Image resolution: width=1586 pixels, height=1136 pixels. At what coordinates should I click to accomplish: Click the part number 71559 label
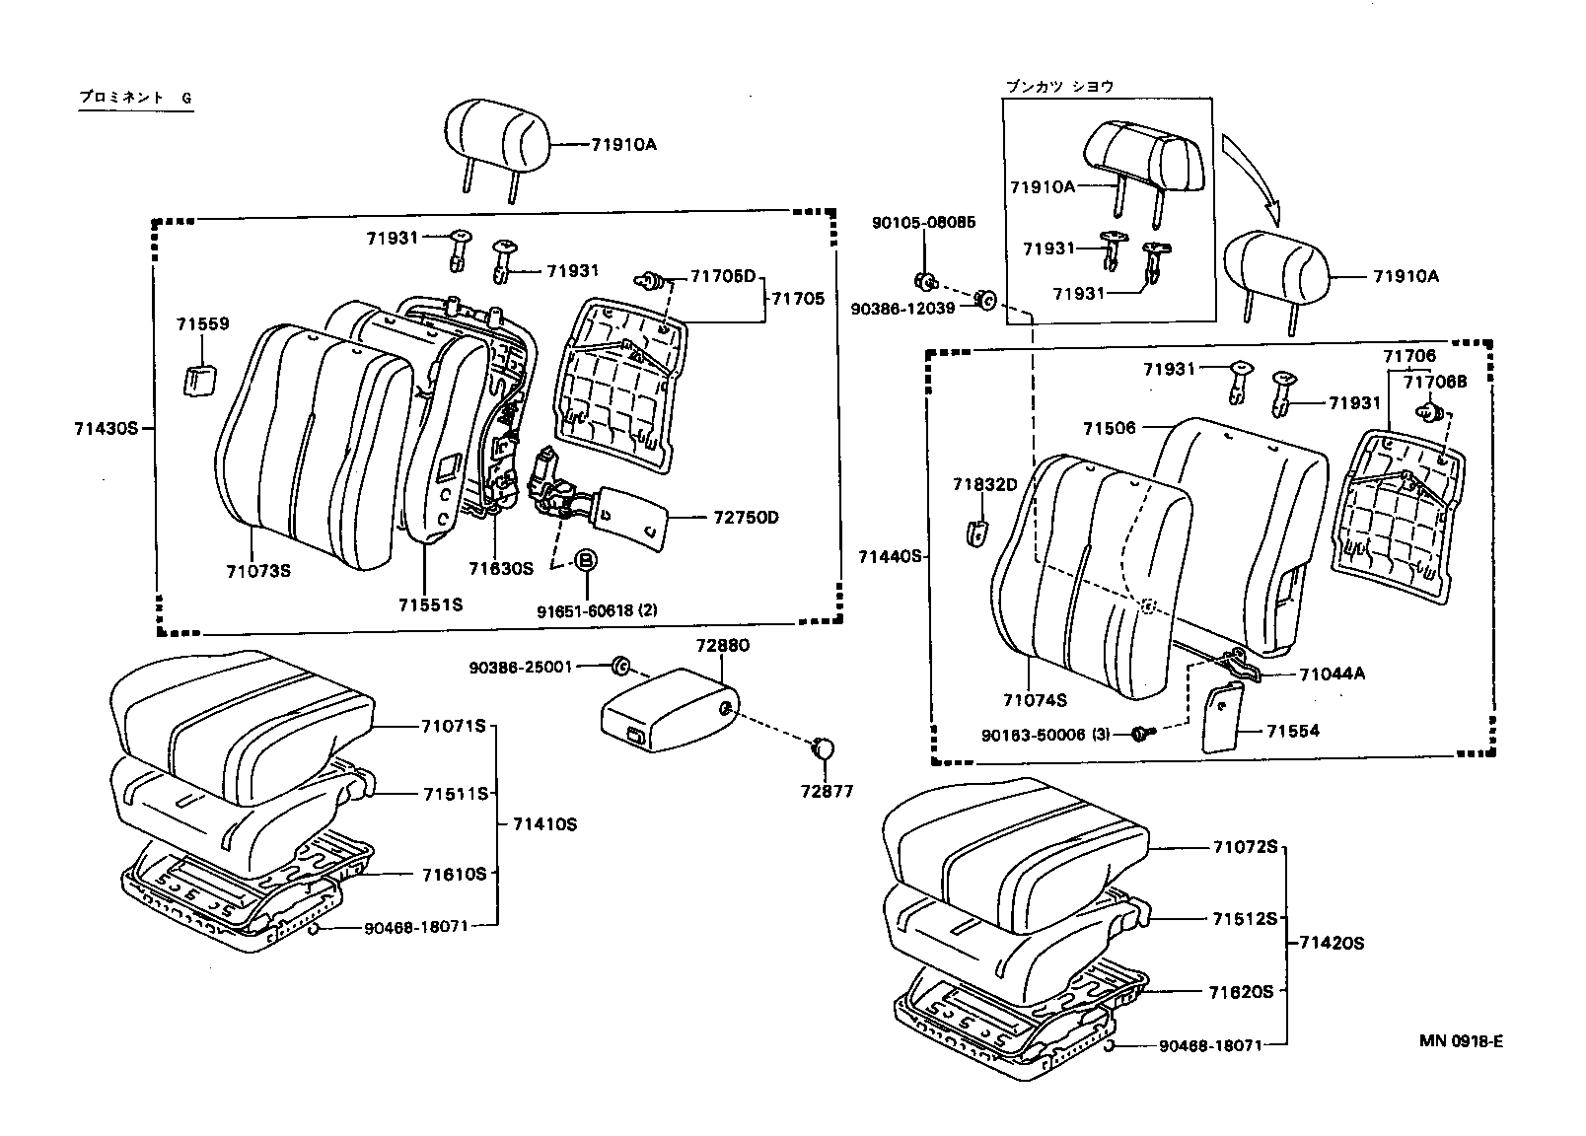click(x=202, y=323)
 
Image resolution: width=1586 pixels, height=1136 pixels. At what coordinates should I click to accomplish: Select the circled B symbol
click(x=586, y=559)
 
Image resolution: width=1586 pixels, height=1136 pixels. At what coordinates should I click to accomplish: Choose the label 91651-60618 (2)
click(x=597, y=611)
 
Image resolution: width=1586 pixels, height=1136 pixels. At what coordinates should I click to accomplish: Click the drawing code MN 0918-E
click(x=1461, y=1041)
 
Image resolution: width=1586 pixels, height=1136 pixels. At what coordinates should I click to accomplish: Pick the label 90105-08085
click(x=923, y=223)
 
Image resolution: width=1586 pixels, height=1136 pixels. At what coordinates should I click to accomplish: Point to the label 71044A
click(x=1332, y=674)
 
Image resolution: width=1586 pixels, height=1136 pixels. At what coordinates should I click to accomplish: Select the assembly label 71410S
click(x=544, y=824)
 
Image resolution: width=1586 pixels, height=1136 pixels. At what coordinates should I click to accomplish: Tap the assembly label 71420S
click(x=1331, y=943)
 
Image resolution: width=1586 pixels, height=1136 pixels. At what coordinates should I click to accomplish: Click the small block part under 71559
click(x=200, y=380)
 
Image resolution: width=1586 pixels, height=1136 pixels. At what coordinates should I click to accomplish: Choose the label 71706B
click(x=1435, y=382)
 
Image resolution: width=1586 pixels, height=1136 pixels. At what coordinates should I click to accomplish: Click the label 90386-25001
click(x=522, y=668)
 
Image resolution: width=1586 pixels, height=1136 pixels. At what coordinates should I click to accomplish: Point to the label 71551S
click(x=430, y=604)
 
